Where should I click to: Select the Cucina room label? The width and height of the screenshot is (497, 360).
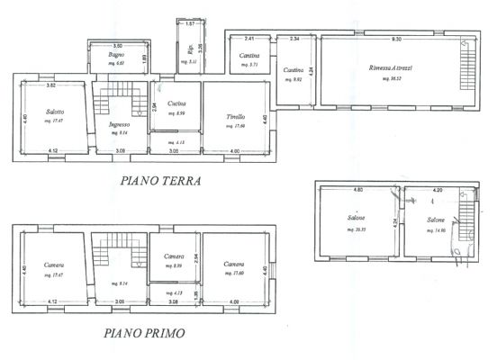(176, 103)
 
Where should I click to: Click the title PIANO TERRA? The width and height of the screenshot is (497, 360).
(159, 180)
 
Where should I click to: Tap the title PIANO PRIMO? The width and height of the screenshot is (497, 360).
(145, 332)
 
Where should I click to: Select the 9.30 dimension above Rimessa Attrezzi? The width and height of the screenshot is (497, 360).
(395, 39)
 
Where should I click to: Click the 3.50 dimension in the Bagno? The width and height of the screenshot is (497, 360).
(117, 44)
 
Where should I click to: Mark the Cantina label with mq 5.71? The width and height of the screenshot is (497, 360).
(249, 56)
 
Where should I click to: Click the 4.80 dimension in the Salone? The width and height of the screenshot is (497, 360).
(357, 191)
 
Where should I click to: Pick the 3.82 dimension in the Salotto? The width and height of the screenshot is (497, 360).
(51, 85)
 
